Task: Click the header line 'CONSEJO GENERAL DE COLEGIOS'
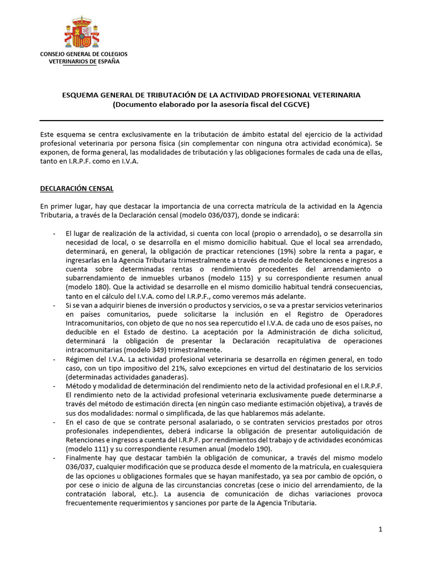click(x=84, y=54)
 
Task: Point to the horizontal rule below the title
click(x=211, y=120)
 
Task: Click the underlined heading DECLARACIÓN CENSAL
click(x=77, y=188)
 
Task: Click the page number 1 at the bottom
click(x=380, y=529)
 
